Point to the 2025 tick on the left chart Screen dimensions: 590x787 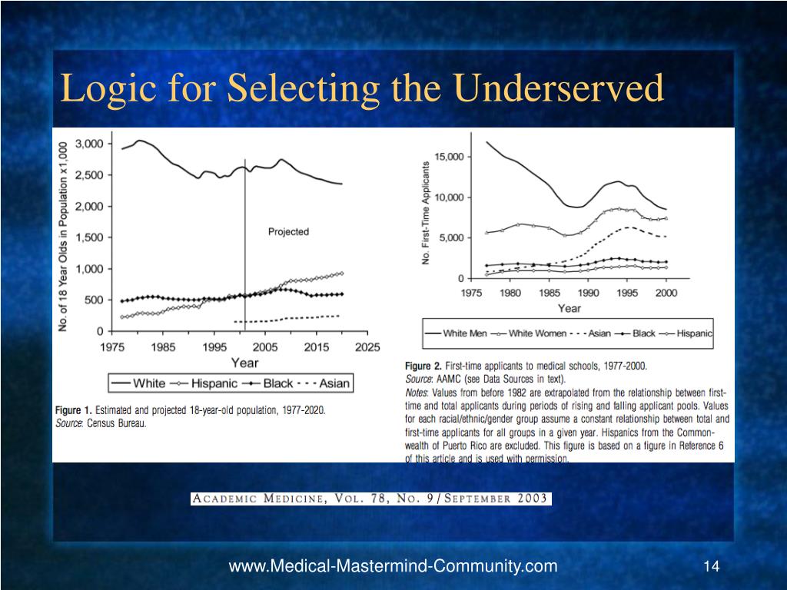coord(367,347)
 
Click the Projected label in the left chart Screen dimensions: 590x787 coord(288,231)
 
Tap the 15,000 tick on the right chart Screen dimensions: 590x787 coord(450,157)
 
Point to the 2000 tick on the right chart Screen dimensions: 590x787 coord(666,293)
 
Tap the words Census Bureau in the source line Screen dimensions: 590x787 coord(116,423)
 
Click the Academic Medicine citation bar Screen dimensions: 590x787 coord(370,499)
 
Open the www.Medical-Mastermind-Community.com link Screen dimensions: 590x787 coord(393,567)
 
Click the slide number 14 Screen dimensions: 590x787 coord(711,567)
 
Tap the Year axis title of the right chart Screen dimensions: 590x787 coord(569,308)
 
